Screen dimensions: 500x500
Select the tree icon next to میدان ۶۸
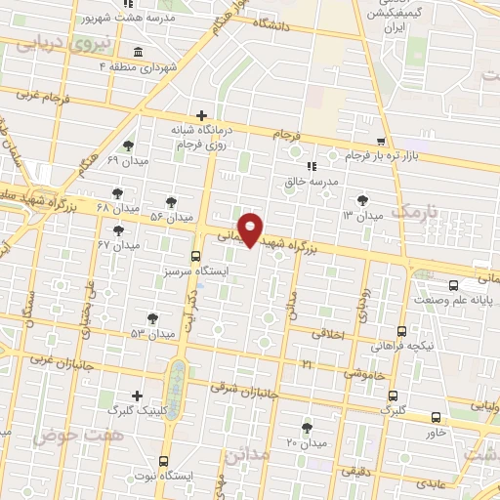tap(118, 193)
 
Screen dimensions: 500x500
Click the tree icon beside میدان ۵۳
tap(152, 318)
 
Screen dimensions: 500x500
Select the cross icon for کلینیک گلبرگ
tap(137, 396)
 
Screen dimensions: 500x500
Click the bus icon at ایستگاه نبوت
tap(163, 459)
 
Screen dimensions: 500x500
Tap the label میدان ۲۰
tap(305, 442)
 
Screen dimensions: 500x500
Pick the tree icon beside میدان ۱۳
tap(363, 199)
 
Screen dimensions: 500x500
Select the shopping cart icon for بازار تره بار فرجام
tap(381, 142)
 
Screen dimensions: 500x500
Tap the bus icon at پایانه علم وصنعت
tap(453, 285)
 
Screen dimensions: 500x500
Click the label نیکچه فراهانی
tap(401, 347)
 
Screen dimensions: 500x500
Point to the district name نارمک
tap(410, 211)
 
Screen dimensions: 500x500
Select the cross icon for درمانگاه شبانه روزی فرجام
tap(201, 115)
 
